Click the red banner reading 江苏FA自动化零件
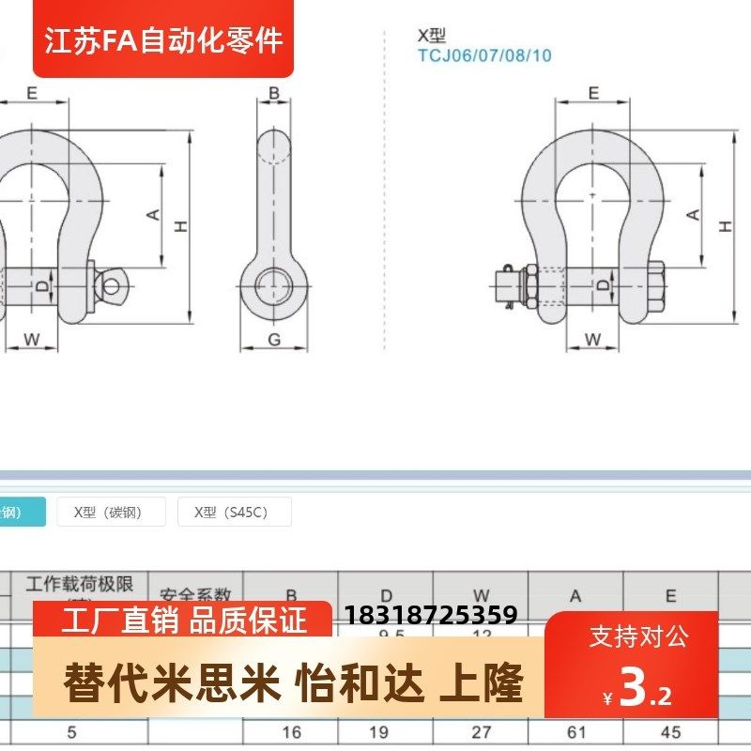[164, 40]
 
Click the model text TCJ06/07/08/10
[484, 55]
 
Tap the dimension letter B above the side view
[274, 93]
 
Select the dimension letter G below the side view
[274, 340]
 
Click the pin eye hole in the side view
[274, 285]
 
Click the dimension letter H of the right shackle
[725, 226]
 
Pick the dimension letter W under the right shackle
[593, 339]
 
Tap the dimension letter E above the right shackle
[593, 92]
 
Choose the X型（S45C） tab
[235, 513]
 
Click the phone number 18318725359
[432, 615]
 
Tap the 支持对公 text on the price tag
[638, 637]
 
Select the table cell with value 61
[575, 732]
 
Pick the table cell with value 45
[670, 732]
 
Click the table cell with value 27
[481, 732]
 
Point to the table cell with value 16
[291, 732]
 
